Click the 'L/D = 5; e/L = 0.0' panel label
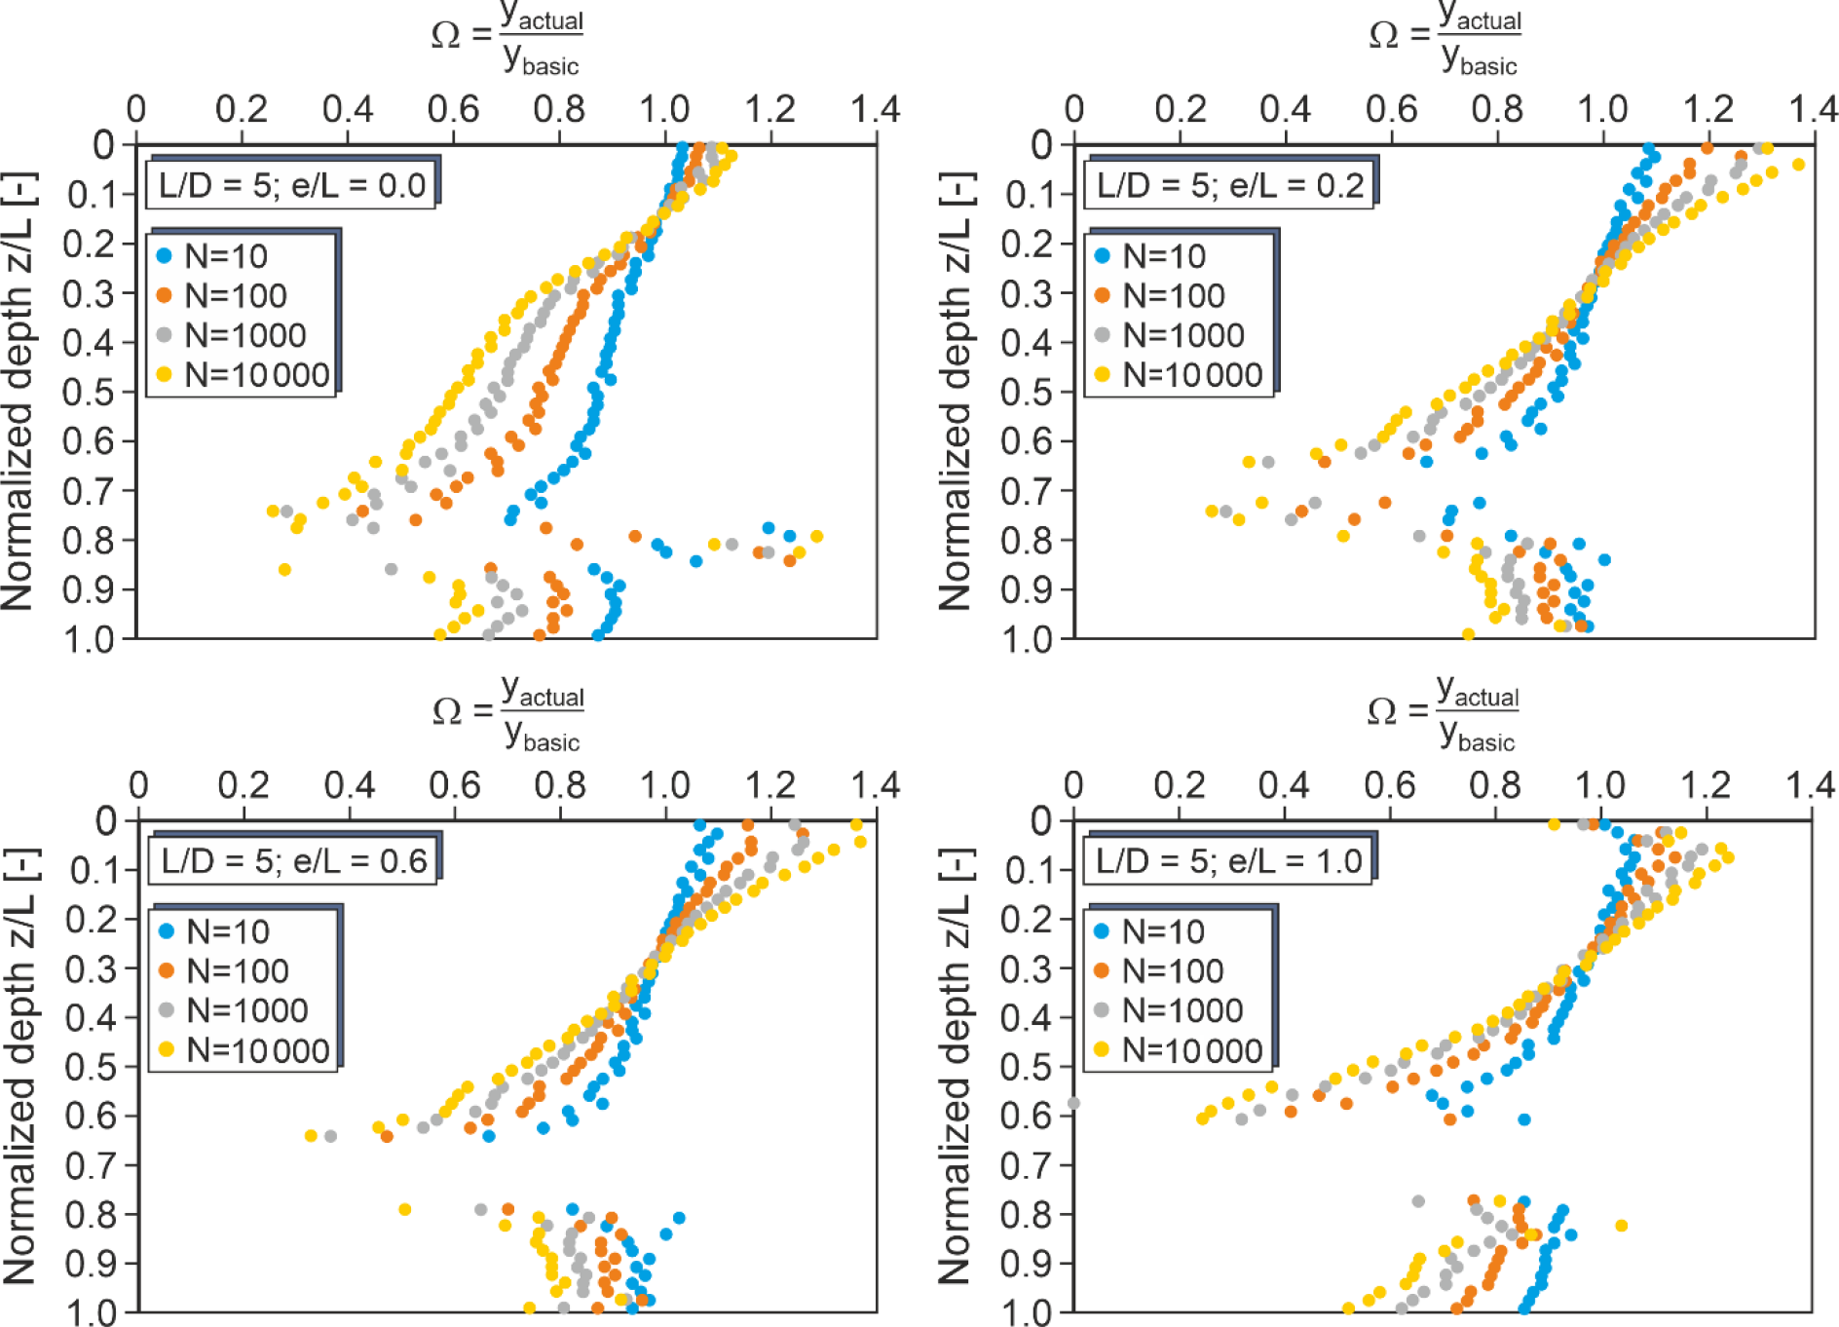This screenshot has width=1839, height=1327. pos(292,185)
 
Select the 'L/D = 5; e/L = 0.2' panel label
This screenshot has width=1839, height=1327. pos(1229,185)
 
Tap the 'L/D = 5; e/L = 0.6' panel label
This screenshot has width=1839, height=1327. pos(294,861)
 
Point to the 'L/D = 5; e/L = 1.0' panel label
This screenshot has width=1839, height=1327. pos(1228,861)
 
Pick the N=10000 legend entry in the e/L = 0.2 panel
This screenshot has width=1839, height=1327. pos(1179,375)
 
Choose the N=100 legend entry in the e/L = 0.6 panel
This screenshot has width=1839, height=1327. pos(224,971)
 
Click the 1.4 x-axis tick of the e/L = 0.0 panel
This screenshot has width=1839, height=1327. pos(875,109)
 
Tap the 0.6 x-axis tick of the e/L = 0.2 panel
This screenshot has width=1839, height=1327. pos(1391,109)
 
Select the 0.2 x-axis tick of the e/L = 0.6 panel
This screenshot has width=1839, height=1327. pos(244,785)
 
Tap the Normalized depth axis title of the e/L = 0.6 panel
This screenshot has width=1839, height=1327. pos(19,1067)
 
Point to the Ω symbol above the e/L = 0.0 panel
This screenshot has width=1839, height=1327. pos(446,36)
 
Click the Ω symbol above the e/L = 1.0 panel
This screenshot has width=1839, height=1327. pos(1381,712)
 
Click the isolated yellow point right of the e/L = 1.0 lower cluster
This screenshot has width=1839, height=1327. pos(1621,1226)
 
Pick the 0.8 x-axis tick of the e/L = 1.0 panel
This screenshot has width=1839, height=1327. pos(1495,785)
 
